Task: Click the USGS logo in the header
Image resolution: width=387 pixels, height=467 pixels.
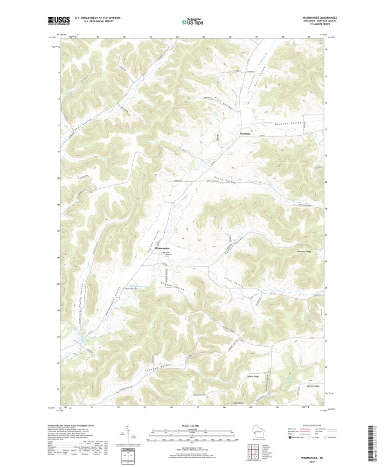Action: pos(59,20)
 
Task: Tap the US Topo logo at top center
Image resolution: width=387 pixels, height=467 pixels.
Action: pos(192,21)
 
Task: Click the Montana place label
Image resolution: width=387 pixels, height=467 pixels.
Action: pos(245,134)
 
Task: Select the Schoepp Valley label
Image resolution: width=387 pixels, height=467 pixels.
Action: pos(149,367)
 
